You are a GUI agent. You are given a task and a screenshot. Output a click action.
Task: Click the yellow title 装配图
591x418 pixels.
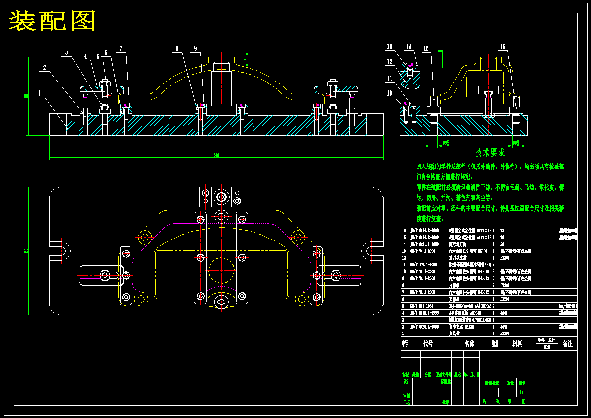[53, 21]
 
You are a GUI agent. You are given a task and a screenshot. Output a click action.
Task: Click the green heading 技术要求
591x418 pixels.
[490, 152]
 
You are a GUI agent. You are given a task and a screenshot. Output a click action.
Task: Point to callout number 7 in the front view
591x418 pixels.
[120, 49]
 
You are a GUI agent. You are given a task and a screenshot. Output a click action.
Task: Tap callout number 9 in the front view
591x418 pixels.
[196, 49]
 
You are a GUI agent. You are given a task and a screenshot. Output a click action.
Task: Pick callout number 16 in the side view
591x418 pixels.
[503, 47]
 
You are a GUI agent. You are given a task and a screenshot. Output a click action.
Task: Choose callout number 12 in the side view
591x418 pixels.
[390, 62]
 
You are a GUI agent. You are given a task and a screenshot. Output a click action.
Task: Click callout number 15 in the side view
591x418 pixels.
[426, 48]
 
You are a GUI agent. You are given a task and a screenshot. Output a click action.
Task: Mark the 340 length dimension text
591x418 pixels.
[216, 156]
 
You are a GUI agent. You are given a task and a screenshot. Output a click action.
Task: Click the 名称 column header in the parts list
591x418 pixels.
[469, 343]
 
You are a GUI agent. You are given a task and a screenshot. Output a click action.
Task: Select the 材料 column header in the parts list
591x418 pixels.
[517, 343]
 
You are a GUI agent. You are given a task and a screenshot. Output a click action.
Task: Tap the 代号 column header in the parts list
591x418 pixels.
[428, 343]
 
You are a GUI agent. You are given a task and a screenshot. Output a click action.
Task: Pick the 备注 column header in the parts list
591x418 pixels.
[567, 343]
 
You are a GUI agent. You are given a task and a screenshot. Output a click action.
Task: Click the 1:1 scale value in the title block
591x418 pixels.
[522, 392]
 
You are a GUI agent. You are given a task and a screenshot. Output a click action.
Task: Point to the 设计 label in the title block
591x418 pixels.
[407, 382]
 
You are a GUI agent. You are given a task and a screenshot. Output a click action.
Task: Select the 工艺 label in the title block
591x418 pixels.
[407, 401]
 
